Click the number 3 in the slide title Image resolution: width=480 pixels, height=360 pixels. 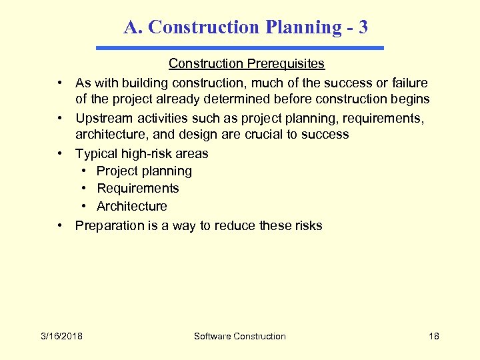click(x=363, y=27)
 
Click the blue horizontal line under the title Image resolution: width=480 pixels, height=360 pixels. click(x=240, y=48)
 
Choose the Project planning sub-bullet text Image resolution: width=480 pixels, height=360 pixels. click(x=144, y=171)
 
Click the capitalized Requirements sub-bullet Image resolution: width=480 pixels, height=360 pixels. click(x=138, y=189)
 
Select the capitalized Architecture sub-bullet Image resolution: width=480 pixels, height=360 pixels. click(x=132, y=206)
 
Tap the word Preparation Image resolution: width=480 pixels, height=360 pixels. click(x=109, y=225)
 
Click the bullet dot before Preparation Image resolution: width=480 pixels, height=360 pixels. click(x=60, y=225)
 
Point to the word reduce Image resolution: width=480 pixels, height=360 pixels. click(x=234, y=225)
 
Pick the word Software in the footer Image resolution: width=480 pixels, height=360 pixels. click(x=213, y=336)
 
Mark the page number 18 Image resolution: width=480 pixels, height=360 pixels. click(x=434, y=336)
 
